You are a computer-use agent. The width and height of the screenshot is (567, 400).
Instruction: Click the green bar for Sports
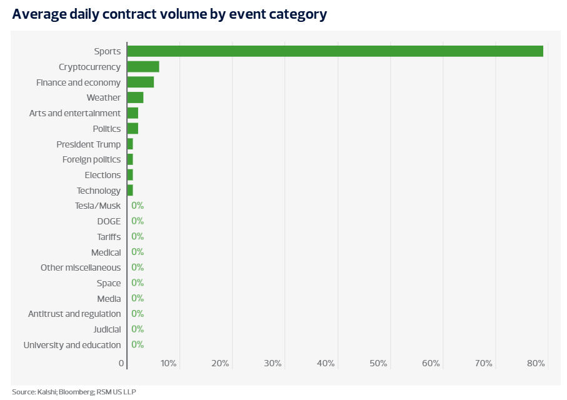[334, 51]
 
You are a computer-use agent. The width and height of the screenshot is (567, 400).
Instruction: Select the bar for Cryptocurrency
[143, 67]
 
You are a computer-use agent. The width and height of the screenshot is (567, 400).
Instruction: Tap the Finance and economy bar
[141, 82]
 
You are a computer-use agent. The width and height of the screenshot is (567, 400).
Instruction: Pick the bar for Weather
[135, 97]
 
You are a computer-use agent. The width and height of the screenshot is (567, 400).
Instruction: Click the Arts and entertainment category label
[75, 113]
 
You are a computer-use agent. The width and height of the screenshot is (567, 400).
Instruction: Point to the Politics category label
[106, 129]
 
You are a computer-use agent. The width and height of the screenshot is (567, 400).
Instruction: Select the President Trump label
[89, 144]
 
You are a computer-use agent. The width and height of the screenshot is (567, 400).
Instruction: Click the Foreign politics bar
[130, 159]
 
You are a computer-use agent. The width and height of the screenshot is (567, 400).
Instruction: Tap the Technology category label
[99, 191]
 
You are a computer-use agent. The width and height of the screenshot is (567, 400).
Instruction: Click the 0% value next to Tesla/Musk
[138, 206]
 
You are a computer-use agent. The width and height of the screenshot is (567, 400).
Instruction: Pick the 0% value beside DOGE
[138, 221]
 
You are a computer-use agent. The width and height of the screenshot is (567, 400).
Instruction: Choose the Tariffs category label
[109, 237]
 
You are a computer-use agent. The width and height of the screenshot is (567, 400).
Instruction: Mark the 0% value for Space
[138, 283]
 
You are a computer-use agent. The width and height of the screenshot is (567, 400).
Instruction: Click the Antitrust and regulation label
[74, 314]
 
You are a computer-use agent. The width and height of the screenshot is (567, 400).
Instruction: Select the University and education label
[72, 345]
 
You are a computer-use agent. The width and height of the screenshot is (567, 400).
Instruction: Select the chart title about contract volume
[169, 14]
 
